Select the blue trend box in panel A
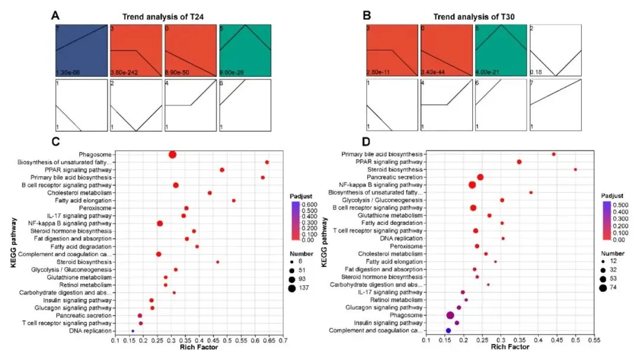(x=82, y=50)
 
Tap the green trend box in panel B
(x=501, y=50)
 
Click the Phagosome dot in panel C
(x=172, y=155)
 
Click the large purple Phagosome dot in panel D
(x=450, y=315)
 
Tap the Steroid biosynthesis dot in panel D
(x=575, y=169)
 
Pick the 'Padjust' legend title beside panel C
(x=302, y=195)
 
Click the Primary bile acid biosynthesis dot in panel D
(x=554, y=154)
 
